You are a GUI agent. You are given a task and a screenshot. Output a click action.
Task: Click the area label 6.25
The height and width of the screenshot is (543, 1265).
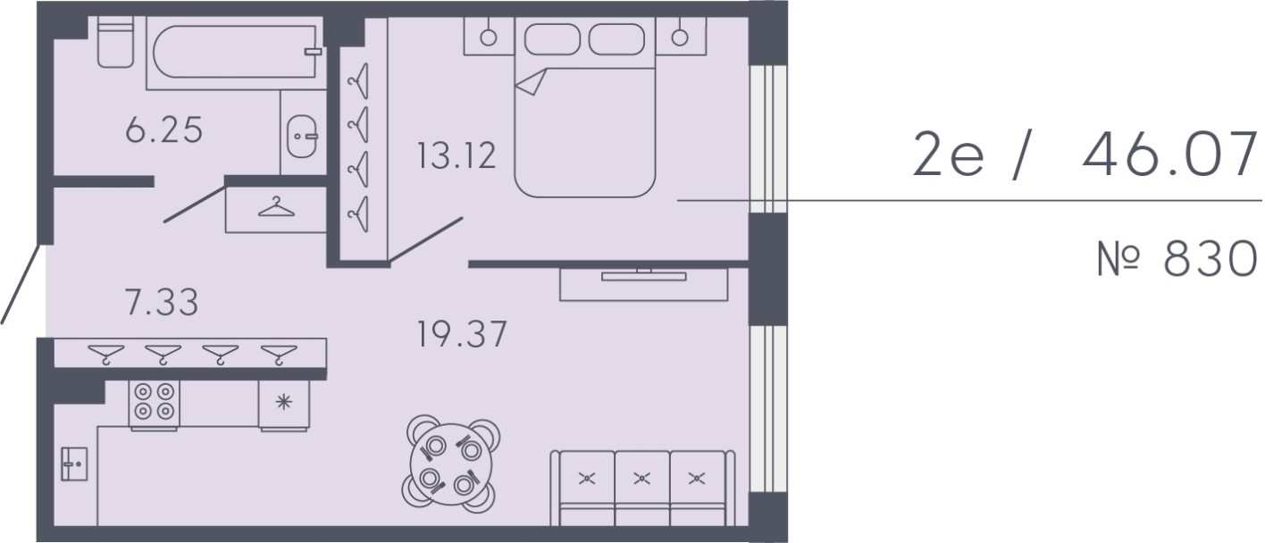click(x=164, y=131)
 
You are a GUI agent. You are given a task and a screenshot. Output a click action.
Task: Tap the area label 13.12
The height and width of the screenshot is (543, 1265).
click(x=456, y=156)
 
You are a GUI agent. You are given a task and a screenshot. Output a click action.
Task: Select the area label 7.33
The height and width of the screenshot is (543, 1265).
click(x=162, y=302)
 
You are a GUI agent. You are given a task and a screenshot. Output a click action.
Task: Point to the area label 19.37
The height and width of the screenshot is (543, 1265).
click(x=461, y=335)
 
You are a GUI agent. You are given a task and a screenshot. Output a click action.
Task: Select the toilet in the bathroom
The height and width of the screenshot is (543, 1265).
click(x=115, y=45)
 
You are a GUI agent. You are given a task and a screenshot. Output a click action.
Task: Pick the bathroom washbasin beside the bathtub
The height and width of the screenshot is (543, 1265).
click(x=301, y=138)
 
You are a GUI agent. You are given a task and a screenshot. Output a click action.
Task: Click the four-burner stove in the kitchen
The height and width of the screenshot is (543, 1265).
click(x=155, y=404)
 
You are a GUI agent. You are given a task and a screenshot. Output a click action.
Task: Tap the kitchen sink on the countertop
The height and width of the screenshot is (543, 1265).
click(x=74, y=464)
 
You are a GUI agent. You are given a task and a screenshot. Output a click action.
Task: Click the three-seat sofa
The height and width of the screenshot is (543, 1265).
click(x=641, y=487)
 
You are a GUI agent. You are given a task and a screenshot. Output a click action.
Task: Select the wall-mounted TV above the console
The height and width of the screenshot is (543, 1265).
click(x=643, y=275)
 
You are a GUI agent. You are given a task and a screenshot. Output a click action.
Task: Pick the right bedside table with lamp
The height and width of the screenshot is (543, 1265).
click(x=681, y=37)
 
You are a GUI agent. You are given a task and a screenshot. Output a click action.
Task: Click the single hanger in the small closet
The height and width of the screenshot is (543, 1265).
click(x=276, y=208)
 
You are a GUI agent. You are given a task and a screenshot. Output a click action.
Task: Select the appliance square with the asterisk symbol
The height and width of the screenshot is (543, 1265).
click(x=284, y=403)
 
